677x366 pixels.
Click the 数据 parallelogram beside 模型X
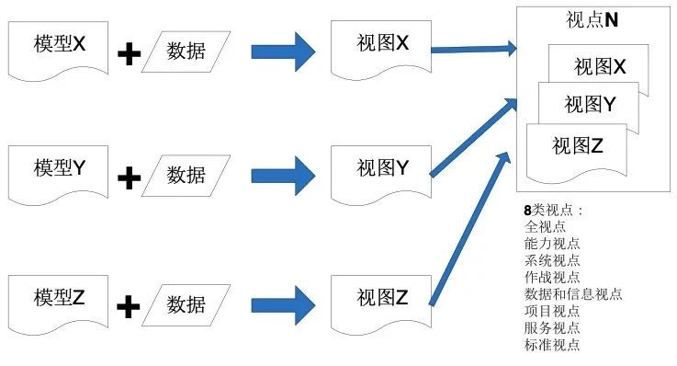coord(186,51)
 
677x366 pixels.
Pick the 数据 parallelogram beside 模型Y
coord(186,175)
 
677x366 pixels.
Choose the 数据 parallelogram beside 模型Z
coord(186,303)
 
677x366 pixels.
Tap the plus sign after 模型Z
coord(130,306)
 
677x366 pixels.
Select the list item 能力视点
coord(552,244)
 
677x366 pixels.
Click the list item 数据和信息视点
coord(572,294)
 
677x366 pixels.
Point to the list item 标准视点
coord(552,345)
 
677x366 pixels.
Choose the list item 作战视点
coord(552,278)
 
